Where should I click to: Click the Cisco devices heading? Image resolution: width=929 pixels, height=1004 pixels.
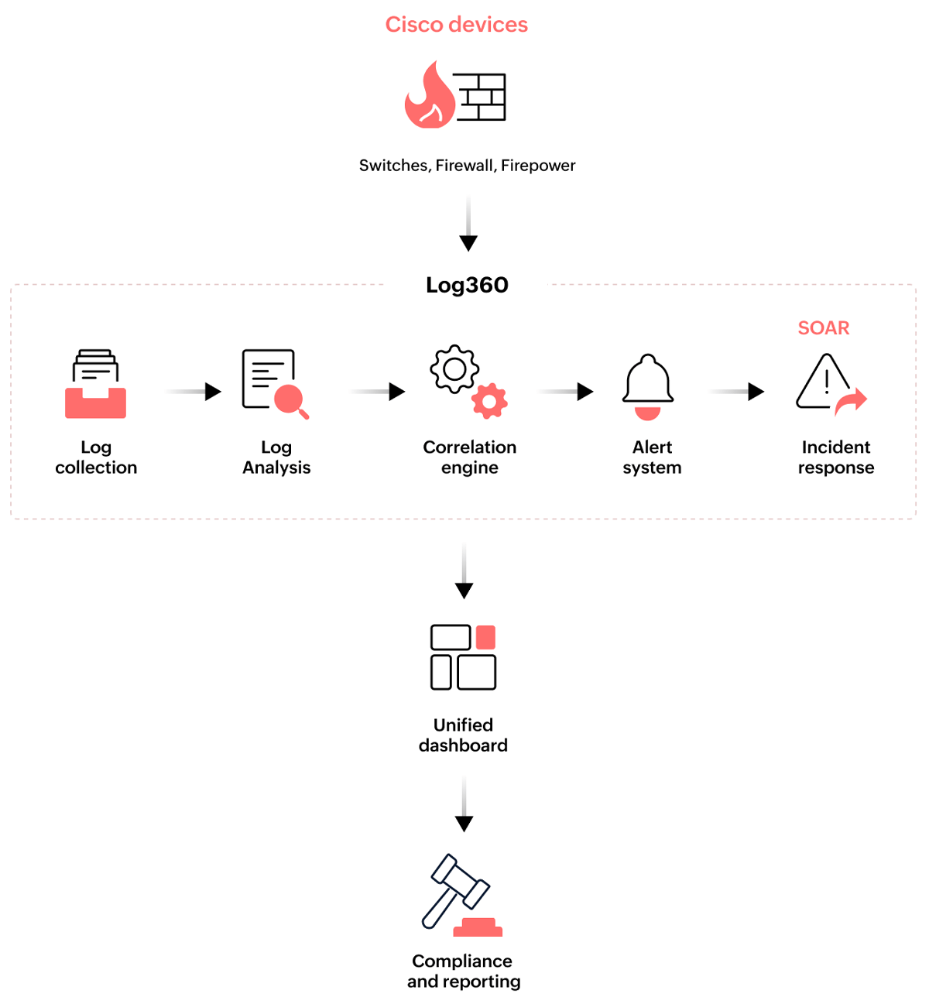click(x=456, y=25)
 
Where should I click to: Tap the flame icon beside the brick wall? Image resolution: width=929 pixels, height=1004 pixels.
click(x=429, y=98)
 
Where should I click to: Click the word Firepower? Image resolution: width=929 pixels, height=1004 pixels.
click(x=538, y=166)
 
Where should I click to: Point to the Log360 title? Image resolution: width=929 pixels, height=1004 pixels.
click(x=467, y=285)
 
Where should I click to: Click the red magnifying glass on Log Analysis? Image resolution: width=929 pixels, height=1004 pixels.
click(x=291, y=400)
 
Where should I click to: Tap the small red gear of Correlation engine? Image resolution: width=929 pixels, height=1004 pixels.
click(x=489, y=401)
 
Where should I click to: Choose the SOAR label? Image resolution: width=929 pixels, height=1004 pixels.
click(x=823, y=328)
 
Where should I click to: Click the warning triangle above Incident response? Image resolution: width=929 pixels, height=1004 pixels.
click(x=825, y=382)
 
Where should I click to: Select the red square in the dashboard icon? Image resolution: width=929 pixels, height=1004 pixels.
click(x=485, y=637)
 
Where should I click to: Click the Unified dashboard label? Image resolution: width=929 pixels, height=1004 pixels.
click(x=463, y=735)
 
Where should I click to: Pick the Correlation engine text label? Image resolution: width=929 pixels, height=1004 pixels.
click(x=469, y=457)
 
